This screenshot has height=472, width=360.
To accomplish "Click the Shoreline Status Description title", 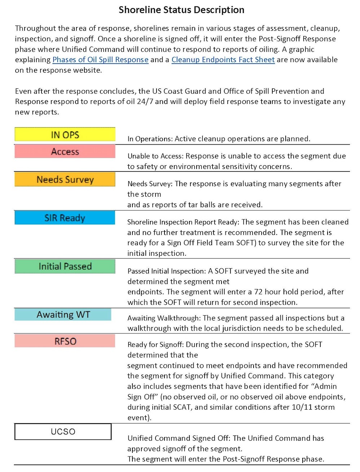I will click(181, 10).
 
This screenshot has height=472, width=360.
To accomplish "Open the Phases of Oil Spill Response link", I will click(100, 60).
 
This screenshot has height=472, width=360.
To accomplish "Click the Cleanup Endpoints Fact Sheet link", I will click(223, 60).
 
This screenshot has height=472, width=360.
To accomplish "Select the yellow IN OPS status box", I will click(65, 135).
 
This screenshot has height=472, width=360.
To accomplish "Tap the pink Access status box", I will click(65, 152).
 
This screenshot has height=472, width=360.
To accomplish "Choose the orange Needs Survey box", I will click(65, 179).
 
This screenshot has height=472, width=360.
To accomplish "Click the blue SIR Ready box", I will click(65, 218).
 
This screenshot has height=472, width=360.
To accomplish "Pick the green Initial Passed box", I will click(65, 266).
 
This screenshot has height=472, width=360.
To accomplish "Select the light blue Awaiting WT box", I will click(63, 315).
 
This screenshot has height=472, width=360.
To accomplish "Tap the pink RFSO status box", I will click(65, 341).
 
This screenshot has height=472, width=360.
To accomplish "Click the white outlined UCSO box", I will click(63, 432).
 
